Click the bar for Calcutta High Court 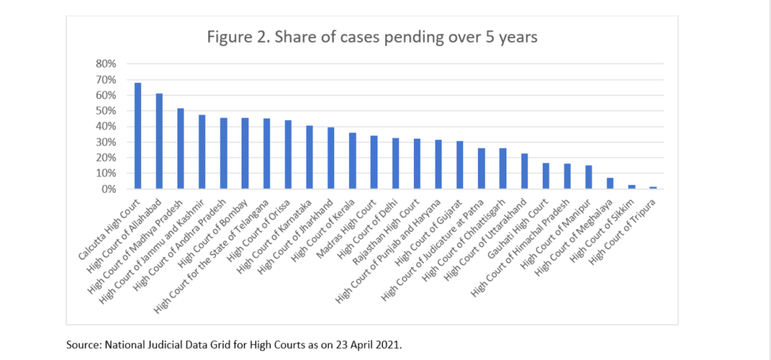pyautogui.click(x=137, y=136)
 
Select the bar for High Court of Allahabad pyautogui.click(x=159, y=141)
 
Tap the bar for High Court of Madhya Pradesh pyautogui.click(x=181, y=148)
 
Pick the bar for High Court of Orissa pyautogui.click(x=288, y=155)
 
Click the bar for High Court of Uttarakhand pyautogui.click(x=525, y=171)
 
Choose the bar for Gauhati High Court pyautogui.click(x=546, y=176)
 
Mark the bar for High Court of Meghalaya pyautogui.click(x=610, y=183)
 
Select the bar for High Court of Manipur pyautogui.click(x=589, y=177)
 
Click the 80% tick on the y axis pyautogui.click(x=105, y=64)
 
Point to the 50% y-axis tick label pyautogui.click(x=105, y=111)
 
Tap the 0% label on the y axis pyautogui.click(x=108, y=189)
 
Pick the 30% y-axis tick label pyautogui.click(x=105, y=142)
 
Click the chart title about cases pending pyautogui.click(x=372, y=37)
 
